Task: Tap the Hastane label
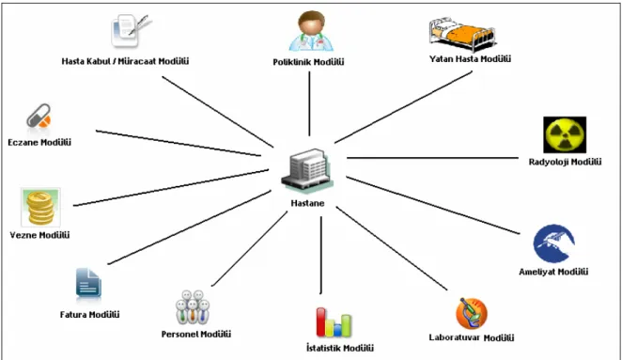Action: [x=307, y=203]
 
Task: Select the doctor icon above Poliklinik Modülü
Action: [x=311, y=31]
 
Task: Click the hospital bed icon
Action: [x=462, y=35]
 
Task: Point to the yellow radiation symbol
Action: [x=565, y=135]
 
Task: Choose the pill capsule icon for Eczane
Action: [x=39, y=116]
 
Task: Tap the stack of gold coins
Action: [x=40, y=208]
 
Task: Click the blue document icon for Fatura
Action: [x=88, y=283]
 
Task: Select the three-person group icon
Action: [x=193, y=306]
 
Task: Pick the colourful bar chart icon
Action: [x=334, y=322]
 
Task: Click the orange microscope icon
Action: [x=472, y=314]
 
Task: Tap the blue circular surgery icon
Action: [x=553, y=243]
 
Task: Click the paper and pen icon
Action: [x=131, y=30]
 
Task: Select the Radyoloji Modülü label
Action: [x=565, y=162]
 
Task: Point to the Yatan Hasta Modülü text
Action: [x=470, y=59]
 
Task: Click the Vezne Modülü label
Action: [x=39, y=235]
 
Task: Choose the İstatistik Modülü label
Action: [x=340, y=348]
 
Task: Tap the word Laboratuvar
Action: [x=455, y=337]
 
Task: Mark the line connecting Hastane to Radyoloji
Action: [x=432, y=158]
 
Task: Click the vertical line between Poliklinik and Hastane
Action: [x=309, y=103]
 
